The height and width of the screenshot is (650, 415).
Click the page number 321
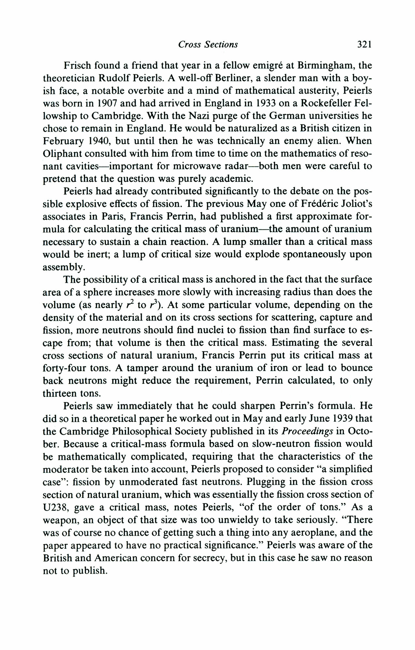click(x=364, y=44)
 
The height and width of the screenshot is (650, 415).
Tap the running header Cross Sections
click(x=208, y=44)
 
